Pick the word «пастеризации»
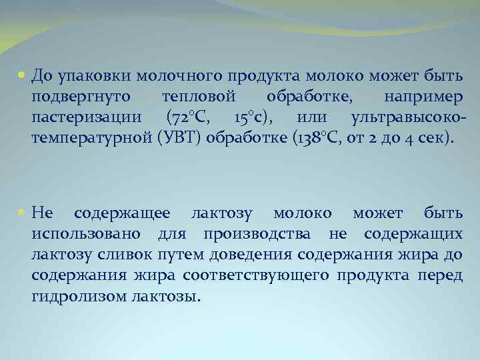(x=86, y=118)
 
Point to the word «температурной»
(x=83, y=139)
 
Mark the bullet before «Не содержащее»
(x=23, y=213)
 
